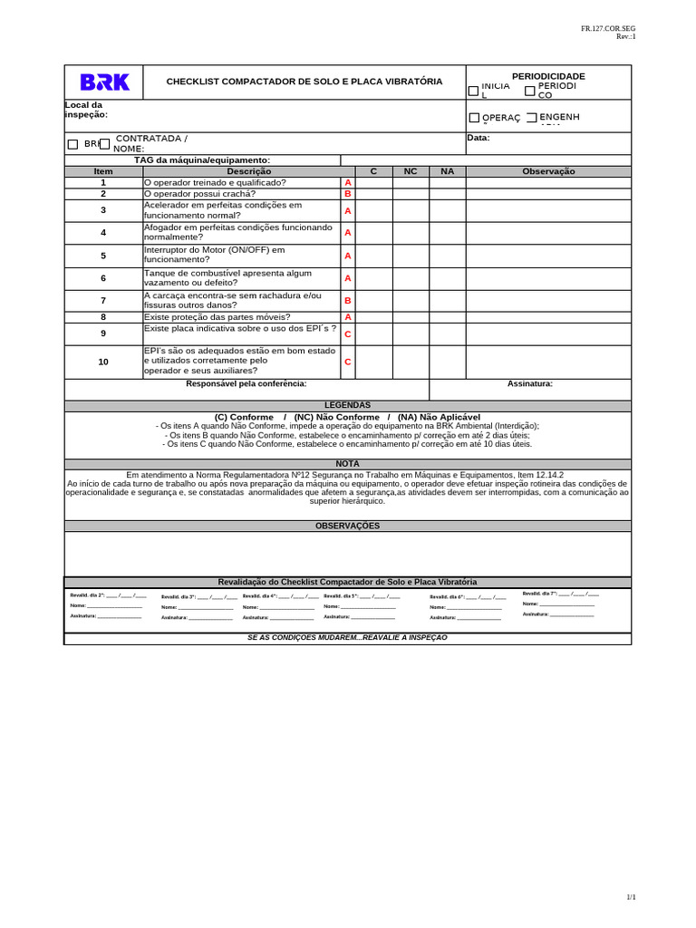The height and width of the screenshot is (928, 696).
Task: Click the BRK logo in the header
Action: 105,82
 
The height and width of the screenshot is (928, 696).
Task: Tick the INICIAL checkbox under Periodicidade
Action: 473,91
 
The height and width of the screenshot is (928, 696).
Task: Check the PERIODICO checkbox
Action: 530,91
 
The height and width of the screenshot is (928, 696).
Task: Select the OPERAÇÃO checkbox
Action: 474,118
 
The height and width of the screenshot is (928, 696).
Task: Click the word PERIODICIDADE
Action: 548,76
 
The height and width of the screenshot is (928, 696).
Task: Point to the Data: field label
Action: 478,138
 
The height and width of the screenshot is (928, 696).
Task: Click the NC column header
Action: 411,171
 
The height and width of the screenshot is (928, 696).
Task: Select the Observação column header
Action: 548,171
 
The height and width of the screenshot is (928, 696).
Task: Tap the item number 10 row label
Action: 103,362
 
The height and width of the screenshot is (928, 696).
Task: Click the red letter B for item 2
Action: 347,194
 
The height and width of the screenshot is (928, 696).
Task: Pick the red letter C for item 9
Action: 347,333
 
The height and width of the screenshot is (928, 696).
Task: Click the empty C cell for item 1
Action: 373,182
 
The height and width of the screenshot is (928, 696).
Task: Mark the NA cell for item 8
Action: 447,317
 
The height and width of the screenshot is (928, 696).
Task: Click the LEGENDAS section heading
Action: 347,405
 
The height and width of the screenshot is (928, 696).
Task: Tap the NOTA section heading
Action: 347,464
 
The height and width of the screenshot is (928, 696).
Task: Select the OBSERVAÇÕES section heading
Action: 347,526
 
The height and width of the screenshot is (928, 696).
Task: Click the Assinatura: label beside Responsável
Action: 530,383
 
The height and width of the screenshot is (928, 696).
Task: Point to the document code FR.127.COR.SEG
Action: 608,29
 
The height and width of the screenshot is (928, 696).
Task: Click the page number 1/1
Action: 631,897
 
